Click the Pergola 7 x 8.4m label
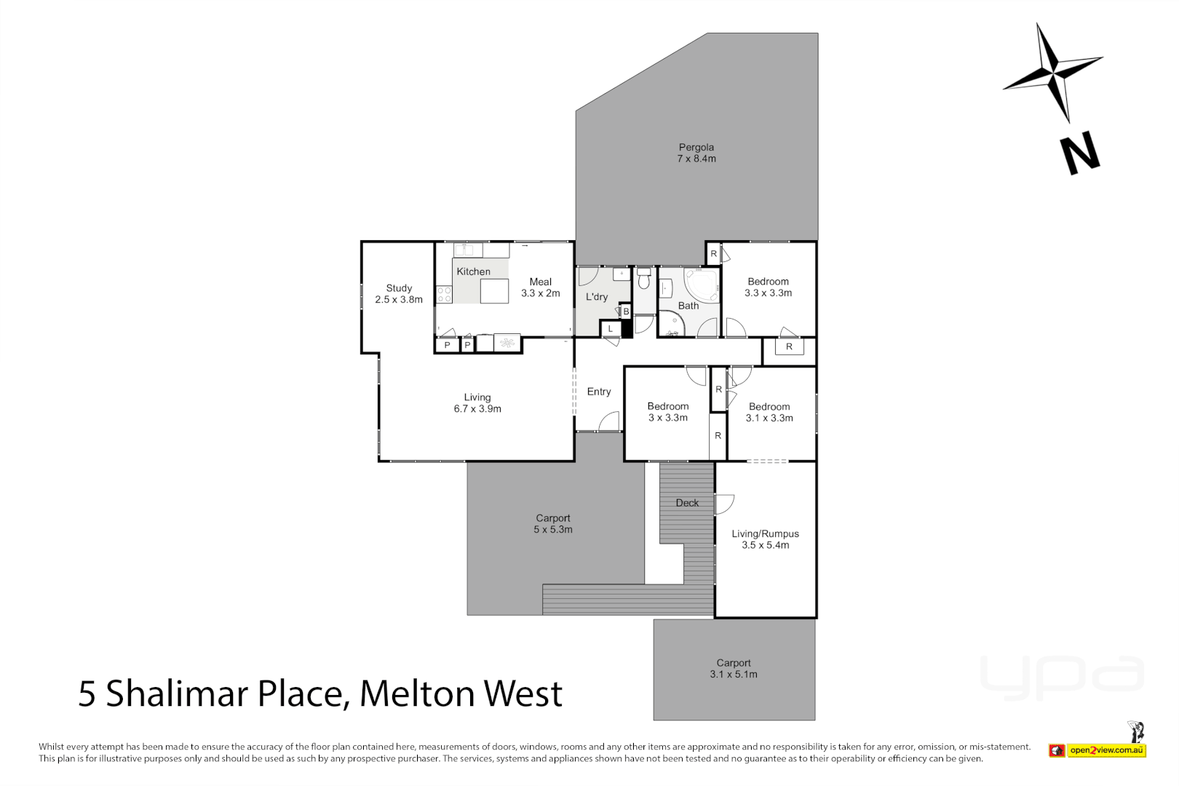click(696, 153)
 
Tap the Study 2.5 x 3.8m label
click(399, 294)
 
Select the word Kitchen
click(473, 271)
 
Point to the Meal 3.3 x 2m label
click(540, 287)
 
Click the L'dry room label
click(597, 297)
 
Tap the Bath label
click(688, 306)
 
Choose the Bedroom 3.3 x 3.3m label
click(768, 287)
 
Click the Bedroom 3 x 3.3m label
click(667, 412)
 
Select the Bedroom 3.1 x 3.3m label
click(769, 413)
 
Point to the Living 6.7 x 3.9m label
click(477, 403)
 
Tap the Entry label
click(599, 392)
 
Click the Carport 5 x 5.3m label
click(553, 524)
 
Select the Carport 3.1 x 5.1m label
click(734, 669)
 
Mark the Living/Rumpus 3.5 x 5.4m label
click(765, 539)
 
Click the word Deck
click(687, 503)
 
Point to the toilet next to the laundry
click(643, 279)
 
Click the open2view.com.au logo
click(1106, 750)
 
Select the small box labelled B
click(626, 311)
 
